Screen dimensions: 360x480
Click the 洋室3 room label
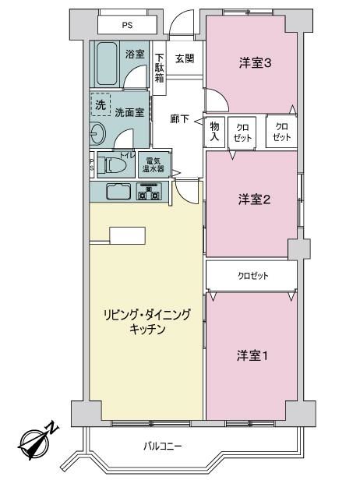(255, 63)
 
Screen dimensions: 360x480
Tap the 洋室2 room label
(254, 200)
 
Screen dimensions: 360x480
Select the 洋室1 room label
(252, 355)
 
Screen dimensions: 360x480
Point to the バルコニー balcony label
(163, 446)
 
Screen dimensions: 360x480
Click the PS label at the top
(127, 25)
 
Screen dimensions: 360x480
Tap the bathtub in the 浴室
(108, 64)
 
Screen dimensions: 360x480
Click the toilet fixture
(115, 165)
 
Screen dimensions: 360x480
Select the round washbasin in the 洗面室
(97, 133)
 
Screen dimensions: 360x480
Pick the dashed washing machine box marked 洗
(101, 104)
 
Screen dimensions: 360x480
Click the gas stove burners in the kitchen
(149, 192)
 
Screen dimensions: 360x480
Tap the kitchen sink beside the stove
(118, 192)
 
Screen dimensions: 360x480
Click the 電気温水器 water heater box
(154, 165)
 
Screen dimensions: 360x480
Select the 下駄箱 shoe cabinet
(159, 68)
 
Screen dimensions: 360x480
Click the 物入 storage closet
(214, 132)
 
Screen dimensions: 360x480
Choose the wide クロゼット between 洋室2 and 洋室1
(252, 276)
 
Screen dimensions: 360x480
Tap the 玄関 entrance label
(185, 58)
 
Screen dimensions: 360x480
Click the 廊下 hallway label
(180, 118)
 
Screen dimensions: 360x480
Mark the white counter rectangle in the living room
(127, 235)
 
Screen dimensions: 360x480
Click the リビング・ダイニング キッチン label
(147, 322)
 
